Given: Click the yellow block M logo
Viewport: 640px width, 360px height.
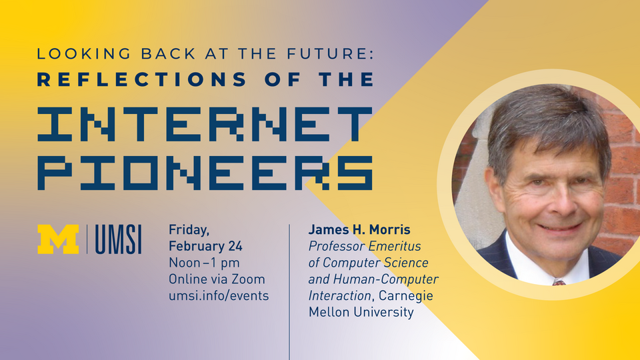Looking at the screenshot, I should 58,239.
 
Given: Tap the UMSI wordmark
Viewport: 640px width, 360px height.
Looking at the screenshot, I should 119,239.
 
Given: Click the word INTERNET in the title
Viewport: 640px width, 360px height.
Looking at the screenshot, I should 204,124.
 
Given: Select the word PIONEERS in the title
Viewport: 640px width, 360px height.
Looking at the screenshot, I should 204,172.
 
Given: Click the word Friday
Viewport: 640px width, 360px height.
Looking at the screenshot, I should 189,230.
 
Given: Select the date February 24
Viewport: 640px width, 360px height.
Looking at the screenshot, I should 205,246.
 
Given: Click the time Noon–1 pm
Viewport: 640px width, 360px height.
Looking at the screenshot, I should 204,263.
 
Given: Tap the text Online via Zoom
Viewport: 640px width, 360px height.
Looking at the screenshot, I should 217,279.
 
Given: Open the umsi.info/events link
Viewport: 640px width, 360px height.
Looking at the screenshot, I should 219,295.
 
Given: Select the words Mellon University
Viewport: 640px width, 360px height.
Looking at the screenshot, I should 361,312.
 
